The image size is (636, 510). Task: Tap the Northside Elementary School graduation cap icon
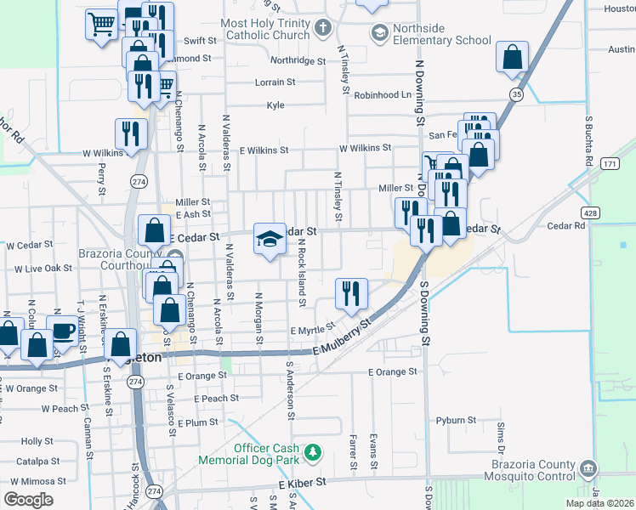pos(378,33)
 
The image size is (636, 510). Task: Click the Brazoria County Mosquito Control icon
pos(587,469)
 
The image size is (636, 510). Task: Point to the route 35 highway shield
pos(516,93)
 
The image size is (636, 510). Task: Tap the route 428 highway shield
pos(588,212)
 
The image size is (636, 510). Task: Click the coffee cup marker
pos(63,331)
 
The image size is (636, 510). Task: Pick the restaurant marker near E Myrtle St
pos(351,292)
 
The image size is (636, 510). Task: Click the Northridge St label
pos(298,61)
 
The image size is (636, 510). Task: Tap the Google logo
pos(28,500)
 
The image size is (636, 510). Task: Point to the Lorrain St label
pos(275,82)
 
